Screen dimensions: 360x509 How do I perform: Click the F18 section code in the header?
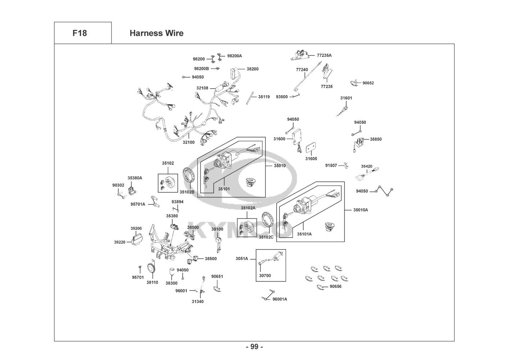pos(79,33)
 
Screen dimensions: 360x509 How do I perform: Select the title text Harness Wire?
pos(156,33)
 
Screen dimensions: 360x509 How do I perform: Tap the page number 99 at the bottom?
pos(254,347)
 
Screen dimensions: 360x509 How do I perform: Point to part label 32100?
pos(188,142)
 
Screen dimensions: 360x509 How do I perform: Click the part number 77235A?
pos(324,55)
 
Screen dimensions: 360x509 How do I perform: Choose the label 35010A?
pos(360,210)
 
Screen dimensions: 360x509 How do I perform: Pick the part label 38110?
pos(152,283)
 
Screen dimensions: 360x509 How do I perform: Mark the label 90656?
pos(336,287)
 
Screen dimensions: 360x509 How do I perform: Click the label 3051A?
pos(242,258)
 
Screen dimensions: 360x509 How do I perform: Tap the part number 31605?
pos(311,158)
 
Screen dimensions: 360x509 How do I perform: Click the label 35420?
pos(367,166)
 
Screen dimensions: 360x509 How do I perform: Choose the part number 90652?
pos(368,83)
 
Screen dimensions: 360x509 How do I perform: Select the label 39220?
pos(120,242)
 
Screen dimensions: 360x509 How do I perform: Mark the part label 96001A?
pos(280,299)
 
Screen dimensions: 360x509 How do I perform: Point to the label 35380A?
pos(135,178)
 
